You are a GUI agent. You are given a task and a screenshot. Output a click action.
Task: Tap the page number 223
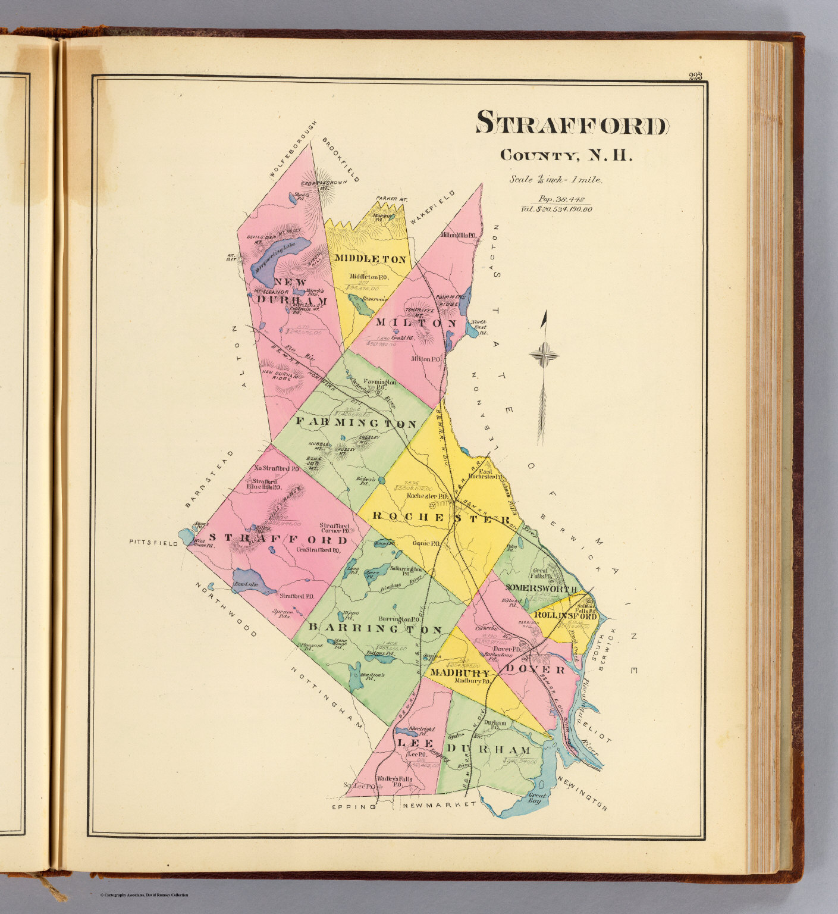pos(695,76)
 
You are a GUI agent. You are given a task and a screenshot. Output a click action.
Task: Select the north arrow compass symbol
pos(544,356)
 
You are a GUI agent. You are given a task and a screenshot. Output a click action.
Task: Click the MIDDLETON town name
pos(370,259)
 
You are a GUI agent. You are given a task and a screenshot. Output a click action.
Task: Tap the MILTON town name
pos(416,323)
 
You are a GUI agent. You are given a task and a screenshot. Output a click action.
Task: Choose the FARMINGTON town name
pos(356,424)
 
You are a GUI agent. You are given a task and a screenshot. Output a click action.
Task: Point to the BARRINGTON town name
pos(375,630)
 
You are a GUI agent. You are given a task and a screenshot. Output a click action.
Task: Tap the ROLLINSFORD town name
pos(565,616)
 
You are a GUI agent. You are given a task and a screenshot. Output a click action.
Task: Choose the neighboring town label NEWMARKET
pos(439,805)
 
